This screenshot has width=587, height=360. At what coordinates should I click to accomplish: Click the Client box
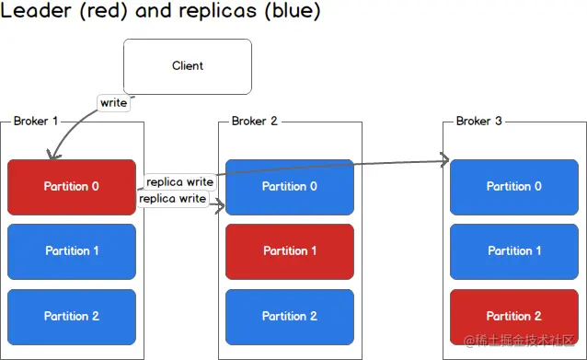click(188, 66)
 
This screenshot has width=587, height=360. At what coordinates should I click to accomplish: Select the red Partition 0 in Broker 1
click(72, 187)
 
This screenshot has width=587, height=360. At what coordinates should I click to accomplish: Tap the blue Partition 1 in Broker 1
click(72, 251)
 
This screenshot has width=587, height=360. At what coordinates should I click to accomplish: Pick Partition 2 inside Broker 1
click(72, 317)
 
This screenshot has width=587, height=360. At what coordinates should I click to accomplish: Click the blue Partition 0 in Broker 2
click(290, 187)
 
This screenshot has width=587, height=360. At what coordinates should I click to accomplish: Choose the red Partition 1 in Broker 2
click(290, 251)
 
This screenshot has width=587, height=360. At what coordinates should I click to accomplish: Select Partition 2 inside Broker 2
click(290, 317)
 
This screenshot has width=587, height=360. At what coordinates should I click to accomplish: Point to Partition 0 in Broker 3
click(514, 187)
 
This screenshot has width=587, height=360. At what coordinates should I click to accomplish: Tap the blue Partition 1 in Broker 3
click(514, 251)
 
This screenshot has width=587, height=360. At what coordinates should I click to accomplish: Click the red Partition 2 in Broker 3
click(514, 317)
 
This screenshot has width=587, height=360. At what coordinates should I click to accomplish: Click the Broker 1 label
click(37, 122)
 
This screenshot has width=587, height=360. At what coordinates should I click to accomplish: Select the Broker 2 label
click(255, 122)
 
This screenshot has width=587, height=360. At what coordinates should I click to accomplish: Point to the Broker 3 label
click(479, 122)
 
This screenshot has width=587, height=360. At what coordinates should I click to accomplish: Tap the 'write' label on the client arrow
click(114, 103)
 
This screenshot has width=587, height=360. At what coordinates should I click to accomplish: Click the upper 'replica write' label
click(180, 182)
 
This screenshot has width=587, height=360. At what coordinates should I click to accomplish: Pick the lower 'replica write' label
click(172, 199)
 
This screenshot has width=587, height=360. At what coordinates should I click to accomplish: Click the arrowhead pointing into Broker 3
click(444, 161)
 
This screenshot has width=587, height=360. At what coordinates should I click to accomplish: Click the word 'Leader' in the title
click(32, 13)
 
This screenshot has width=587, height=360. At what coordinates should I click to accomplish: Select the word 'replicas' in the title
click(218, 13)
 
